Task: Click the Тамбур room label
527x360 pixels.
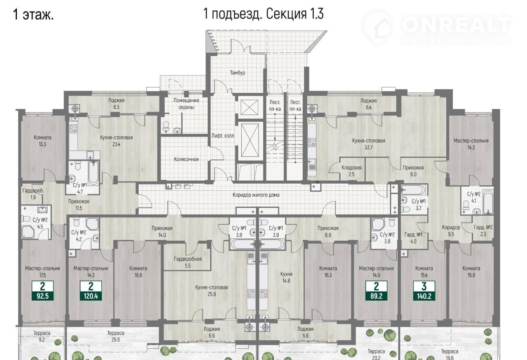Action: pos(238,73)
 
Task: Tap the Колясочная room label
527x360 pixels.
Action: pos(186,159)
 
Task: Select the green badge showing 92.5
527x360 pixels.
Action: pos(42,290)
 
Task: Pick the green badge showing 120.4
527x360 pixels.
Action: pos(91,290)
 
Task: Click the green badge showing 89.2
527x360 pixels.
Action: pos(376,290)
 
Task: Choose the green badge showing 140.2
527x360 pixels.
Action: pos(424,290)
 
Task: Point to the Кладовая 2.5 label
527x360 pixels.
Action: pos(352,171)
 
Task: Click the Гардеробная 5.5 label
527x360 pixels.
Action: pos(188,262)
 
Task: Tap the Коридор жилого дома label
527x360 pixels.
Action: pos(256,195)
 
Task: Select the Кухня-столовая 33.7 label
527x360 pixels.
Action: pos(368,144)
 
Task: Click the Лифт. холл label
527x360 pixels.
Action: pos(223,136)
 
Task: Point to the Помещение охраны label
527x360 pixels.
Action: pos(186,104)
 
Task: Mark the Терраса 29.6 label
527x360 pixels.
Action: pos(116,337)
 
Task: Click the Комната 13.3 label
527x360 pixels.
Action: pos(42,141)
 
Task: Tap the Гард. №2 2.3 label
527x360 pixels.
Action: pos(483,231)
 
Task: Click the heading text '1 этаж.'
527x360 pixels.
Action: pos(33,14)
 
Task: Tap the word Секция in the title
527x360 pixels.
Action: pos(286,14)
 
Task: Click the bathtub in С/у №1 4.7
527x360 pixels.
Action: pos(93,173)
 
